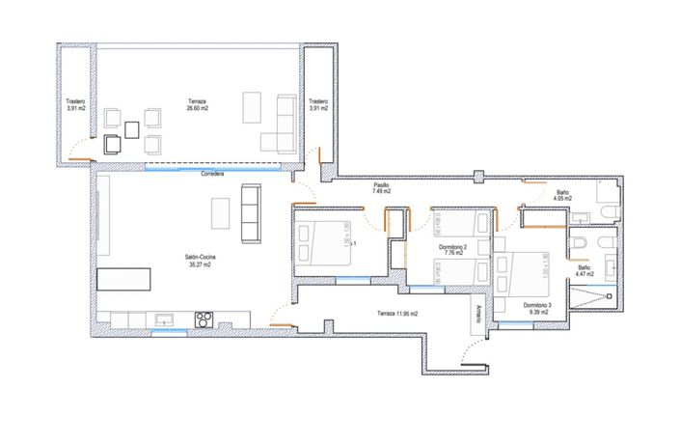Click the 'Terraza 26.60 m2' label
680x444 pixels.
pyautogui.click(x=197, y=104)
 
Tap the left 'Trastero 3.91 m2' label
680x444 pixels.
pyautogui.click(x=76, y=104)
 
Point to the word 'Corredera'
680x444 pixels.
pyautogui.click(x=213, y=175)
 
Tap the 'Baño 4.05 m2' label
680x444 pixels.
pyautogui.click(x=562, y=196)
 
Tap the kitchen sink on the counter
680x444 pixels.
pyautogui.click(x=163, y=318)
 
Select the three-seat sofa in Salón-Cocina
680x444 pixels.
pyautogui.click(x=251, y=212)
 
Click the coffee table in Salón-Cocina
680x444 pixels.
pyautogui.click(x=221, y=210)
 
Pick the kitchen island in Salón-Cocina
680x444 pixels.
pyautogui.click(x=125, y=280)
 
